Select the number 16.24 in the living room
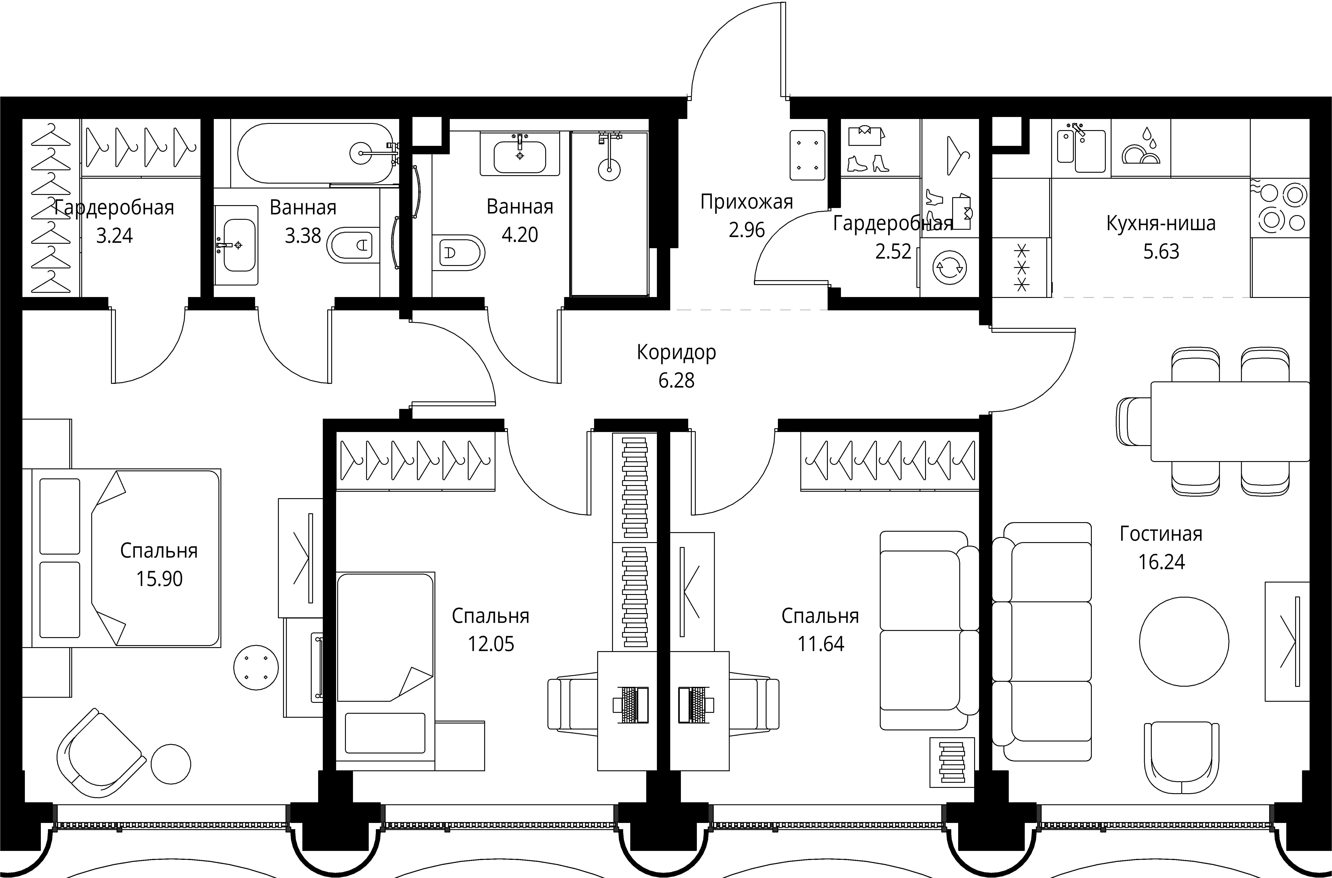point(1161,562)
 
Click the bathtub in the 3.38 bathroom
point(315,153)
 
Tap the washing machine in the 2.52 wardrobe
point(949,268)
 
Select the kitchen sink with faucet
point(1081,149)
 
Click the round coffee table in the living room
point(1184,642)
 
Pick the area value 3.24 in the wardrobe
point(114,236)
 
